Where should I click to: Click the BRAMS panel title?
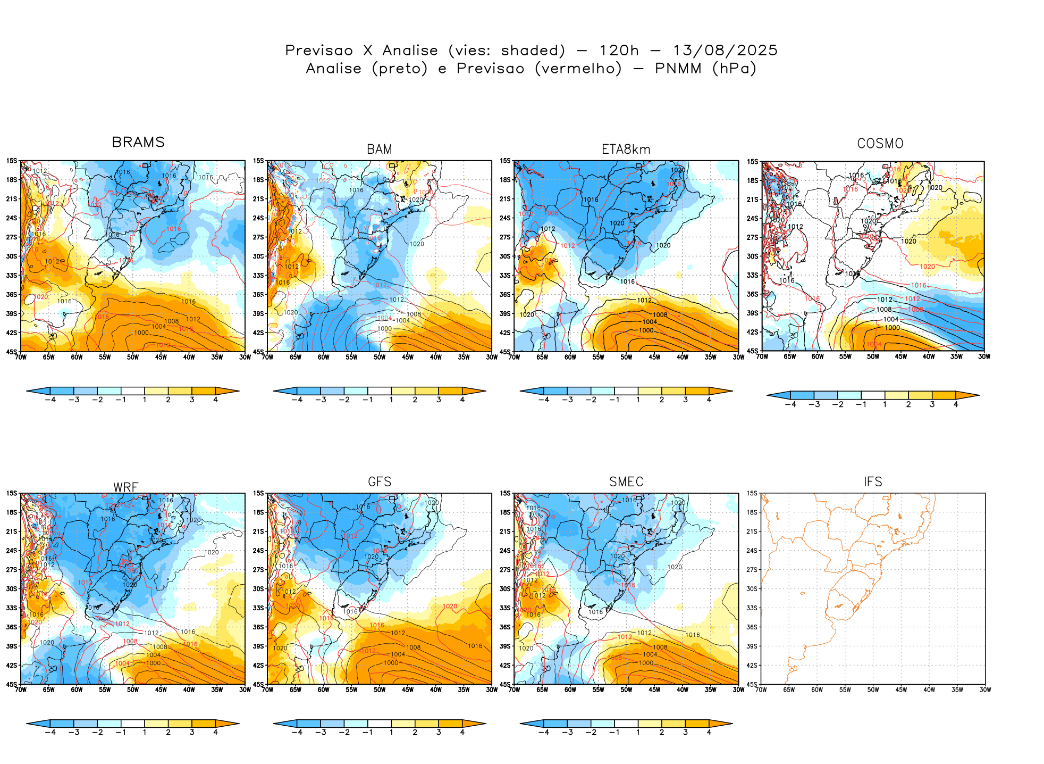pyautogui.click(x=138, y=142)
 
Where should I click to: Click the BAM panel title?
pyautogui.click(x=380, y=150)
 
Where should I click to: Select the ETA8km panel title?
pyautogui.click(x=626, y=150)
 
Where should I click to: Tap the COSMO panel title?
pyautogui.click(x=880, y=144)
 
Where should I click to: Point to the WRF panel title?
pyautogui.click(x=126, y=487)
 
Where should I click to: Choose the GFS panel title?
pyautogui.click(x=380, y=482)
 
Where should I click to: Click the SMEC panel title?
pyautogui.click(x=626, y=482)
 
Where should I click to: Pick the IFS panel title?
pyautogui.click(x=873, y=482)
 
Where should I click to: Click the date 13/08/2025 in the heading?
pyautogui.click(x=725, y=51)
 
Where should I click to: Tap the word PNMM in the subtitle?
pyautogui.click(x=678, y=69)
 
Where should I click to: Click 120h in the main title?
pyautogui.click(x=619, y=51)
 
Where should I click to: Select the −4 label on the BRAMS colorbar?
pyautogui.click(x=50, y=400)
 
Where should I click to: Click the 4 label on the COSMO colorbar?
pyautogui.click(x=956, y=404)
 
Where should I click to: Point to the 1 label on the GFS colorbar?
pyautogui.click(x=391, y=732)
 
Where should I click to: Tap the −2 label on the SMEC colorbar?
pyautogui.click(x=591, y=732)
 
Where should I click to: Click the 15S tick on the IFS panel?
pyautogui.click(x=752, y=493)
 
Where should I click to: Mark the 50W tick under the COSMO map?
pyautogui.click(x=873, y=356)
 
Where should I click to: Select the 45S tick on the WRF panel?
pyautogui.click(x=11, y=684)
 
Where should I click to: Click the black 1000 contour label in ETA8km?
pyautogui.click(x=646, y=330)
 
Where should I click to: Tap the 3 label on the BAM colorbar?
pyautogui.click(x=439, y=400)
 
